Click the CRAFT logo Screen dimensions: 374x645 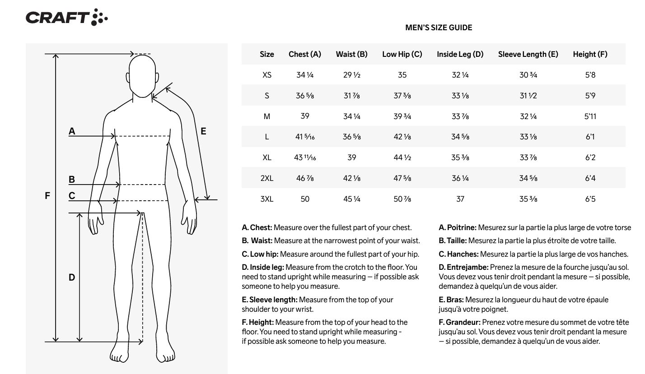pos(66,18)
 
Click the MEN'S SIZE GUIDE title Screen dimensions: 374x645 pos(439,28)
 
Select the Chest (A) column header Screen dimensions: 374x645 pos(305,54)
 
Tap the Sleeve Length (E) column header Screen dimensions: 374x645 pos(528,54)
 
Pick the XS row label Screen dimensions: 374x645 pos(267,75)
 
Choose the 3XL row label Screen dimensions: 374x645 pos(267,199)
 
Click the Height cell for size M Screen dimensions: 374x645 pos(590,116)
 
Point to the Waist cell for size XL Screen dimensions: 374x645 pos(351,157)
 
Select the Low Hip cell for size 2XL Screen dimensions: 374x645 pos(402,178)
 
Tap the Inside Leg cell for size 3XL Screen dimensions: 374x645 pos(460,199)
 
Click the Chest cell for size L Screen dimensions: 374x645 pos(305,137)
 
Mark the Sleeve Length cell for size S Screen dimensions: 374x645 pos(528,96)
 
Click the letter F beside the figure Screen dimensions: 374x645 pos(47,196)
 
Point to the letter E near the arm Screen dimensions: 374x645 pos(203,131)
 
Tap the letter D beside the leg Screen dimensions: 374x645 pos(72,277)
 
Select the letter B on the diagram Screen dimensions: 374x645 pos(72,180)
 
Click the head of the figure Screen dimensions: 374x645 pos(143,75)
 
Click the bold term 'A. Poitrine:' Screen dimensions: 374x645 pos(457,228)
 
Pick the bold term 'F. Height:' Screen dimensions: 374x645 pos(257,322)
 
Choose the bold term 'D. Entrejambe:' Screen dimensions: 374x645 pos(463,267)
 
